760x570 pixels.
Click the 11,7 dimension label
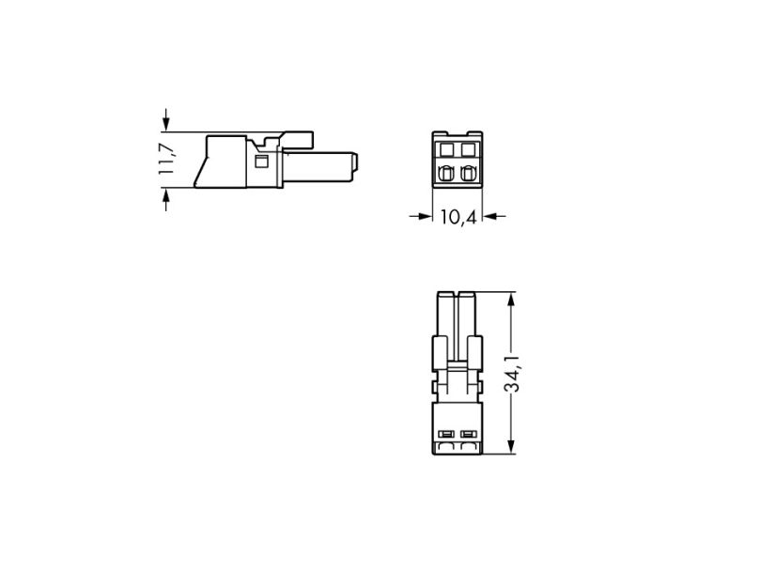166,159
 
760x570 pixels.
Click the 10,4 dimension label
458,217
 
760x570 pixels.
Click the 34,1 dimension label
512,373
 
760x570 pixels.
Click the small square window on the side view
261,162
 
